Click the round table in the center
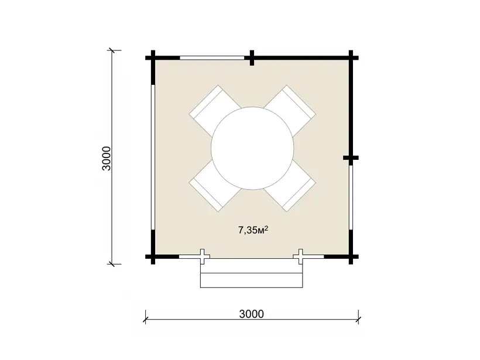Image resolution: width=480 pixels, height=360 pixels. point(252,148)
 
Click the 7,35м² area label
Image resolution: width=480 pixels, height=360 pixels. point(253,230)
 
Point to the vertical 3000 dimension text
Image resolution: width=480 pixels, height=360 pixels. point(107,158)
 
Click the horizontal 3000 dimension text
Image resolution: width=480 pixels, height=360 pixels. point(251,314)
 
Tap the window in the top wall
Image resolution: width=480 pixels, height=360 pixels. point(212,57)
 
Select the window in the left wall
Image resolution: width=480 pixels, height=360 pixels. point(153,157)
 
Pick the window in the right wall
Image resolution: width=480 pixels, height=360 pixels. point(351,197)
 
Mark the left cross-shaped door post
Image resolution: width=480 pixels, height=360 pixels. point(203,256)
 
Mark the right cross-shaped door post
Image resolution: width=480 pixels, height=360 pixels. point(301,256)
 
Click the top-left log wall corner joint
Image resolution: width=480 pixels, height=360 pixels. point(153,57)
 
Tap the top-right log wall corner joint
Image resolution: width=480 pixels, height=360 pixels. point(351,57)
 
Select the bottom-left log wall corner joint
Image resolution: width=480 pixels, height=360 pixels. point(153,256)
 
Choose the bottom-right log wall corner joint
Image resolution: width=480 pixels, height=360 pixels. point(351,256)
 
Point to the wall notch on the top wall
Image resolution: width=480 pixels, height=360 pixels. point(252,57)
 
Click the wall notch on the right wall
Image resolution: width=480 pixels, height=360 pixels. point(351,158)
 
